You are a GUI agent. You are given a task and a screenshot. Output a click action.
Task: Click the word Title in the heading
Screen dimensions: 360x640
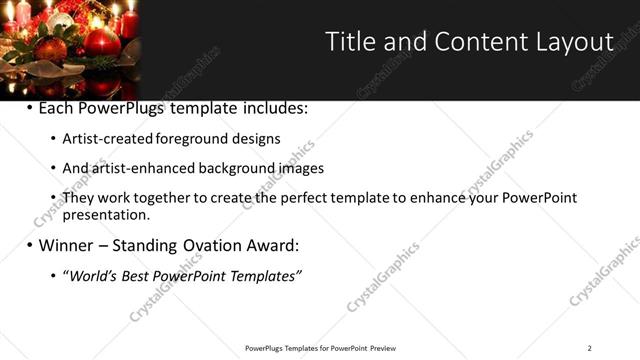[349, 41]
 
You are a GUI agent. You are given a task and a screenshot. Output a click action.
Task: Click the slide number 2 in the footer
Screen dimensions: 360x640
[590, 348]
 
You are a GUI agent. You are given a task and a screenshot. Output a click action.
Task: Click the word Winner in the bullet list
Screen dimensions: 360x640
[68, 245]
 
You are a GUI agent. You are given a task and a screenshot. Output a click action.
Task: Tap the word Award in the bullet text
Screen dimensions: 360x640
[273, 245]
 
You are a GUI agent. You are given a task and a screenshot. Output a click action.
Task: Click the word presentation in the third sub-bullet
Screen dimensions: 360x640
[105, 214]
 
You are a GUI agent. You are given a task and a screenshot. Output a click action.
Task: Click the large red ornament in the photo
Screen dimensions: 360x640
[100, 42]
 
